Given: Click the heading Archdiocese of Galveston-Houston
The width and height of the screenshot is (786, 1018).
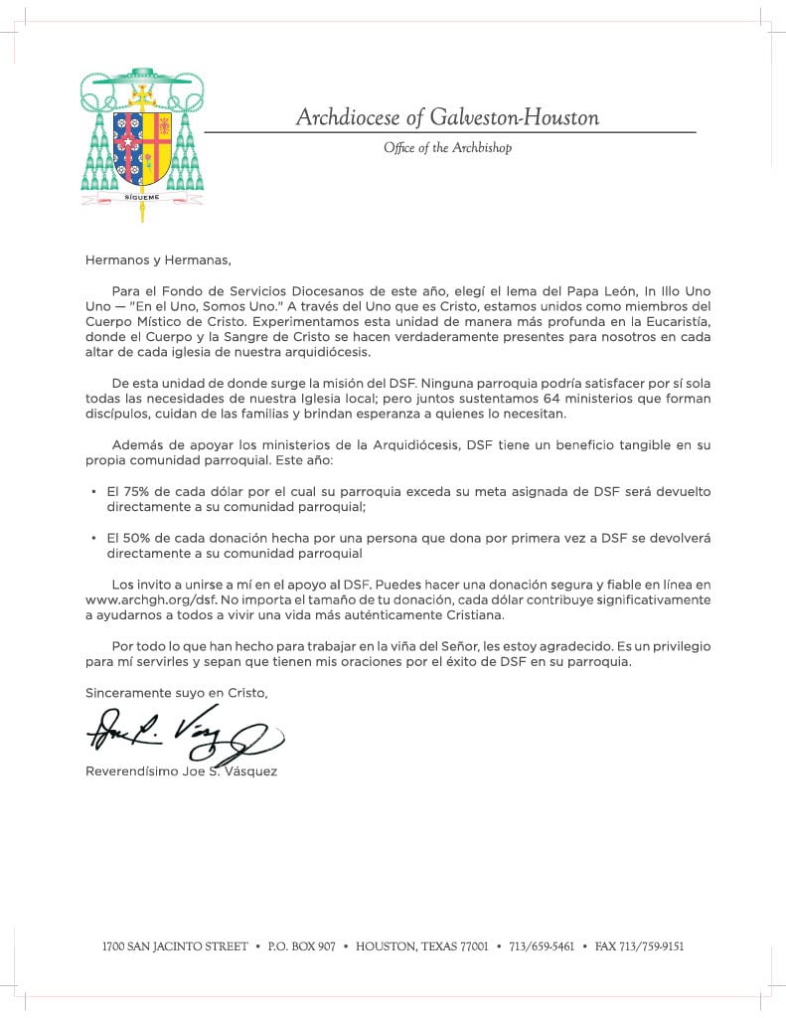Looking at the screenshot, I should click(x=447, y=118).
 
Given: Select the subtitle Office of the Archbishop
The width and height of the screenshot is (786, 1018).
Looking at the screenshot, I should click(x=447, y=148).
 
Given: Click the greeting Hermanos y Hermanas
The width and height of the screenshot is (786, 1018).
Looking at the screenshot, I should click(x=157, y=261).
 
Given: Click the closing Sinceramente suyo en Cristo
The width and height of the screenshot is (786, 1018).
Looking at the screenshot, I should click(x=176, y=692).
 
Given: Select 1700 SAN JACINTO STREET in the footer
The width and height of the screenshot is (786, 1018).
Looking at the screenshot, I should click(x=175, y=946).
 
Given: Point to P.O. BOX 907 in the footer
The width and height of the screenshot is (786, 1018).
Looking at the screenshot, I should click(x=301, y=946).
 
